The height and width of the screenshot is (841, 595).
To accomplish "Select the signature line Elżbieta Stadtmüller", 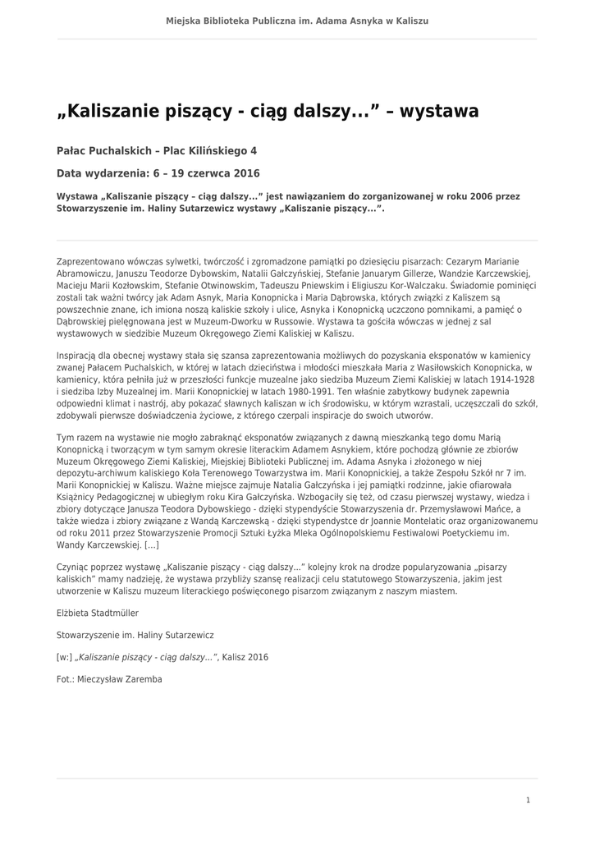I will pos(98,613).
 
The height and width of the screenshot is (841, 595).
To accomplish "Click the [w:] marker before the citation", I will pos(64,657).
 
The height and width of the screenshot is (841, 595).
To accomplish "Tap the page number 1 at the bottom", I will pos(528,799).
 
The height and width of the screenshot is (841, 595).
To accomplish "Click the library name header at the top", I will pos(297,21).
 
